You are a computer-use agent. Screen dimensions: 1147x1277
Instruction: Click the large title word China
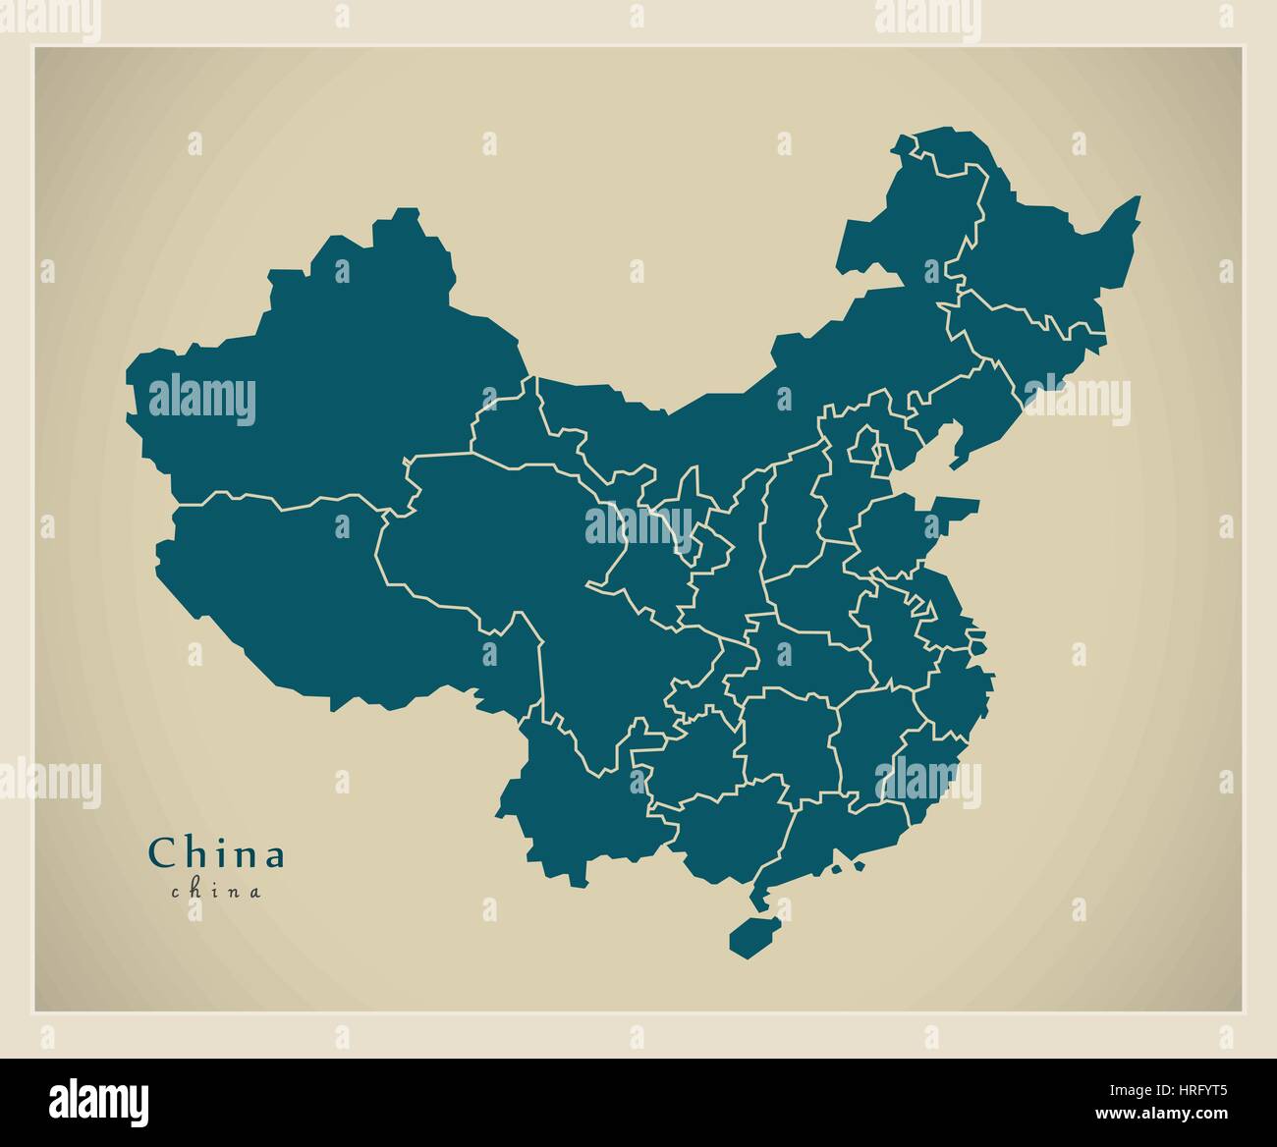pos(216,852)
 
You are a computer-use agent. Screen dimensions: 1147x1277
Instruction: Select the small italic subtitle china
pos(216,892)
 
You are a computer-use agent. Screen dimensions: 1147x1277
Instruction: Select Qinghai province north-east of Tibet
pos(491,530)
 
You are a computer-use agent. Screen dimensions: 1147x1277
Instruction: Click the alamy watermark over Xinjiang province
pos(201,401)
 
